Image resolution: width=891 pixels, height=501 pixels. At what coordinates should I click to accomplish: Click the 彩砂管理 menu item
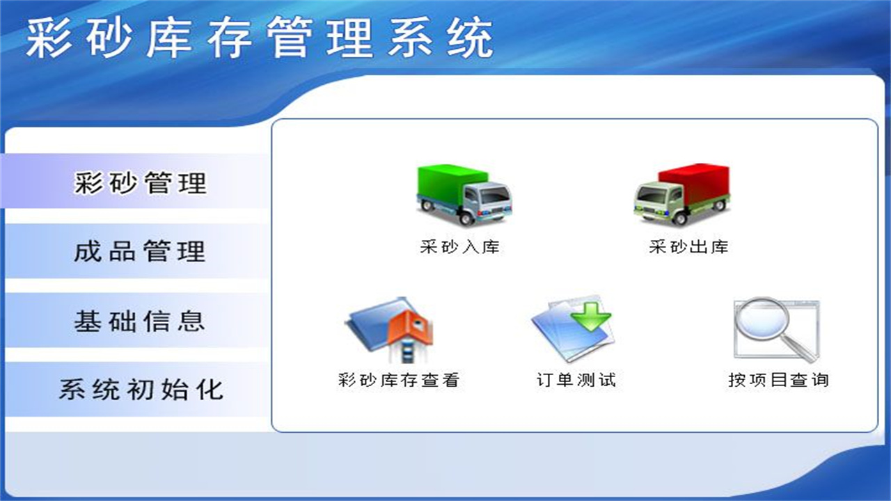tap(140, 182)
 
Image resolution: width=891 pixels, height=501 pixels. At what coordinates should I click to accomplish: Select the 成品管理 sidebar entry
tap(140, 250)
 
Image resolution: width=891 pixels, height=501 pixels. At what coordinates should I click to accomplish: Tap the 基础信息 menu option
tap(140, 321)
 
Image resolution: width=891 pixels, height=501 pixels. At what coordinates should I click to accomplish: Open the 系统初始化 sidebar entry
tap(140, 388)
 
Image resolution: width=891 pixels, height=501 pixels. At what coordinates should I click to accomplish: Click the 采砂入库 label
tap(460, 247)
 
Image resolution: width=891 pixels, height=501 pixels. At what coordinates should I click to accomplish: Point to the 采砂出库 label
tap(688, 247)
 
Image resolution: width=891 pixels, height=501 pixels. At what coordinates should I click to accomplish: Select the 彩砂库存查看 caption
tap(399, 380)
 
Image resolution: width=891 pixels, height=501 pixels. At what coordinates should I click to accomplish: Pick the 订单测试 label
tap(576, 380)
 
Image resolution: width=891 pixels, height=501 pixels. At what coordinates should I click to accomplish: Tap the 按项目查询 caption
tap(778, 380)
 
